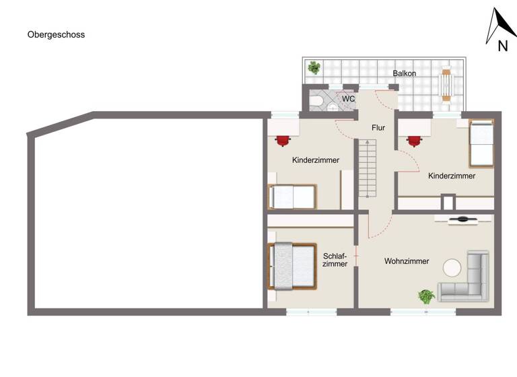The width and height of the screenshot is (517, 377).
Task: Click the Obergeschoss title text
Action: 56,34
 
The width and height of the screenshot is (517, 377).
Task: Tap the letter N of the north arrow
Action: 502,46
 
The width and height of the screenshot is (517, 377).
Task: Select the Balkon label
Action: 405,73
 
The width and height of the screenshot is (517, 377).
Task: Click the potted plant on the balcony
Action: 314,67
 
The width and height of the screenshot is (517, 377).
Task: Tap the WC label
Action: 348,99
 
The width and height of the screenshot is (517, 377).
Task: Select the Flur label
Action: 378,127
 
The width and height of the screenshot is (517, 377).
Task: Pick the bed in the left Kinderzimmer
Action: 292,197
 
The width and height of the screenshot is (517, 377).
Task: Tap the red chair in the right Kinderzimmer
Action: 413,140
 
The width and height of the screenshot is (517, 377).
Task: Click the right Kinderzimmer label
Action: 452,176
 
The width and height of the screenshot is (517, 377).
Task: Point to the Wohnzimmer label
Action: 407,261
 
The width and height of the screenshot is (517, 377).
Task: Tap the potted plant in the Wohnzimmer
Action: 426,296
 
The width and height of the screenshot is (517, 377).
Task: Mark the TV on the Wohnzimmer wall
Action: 462,219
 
